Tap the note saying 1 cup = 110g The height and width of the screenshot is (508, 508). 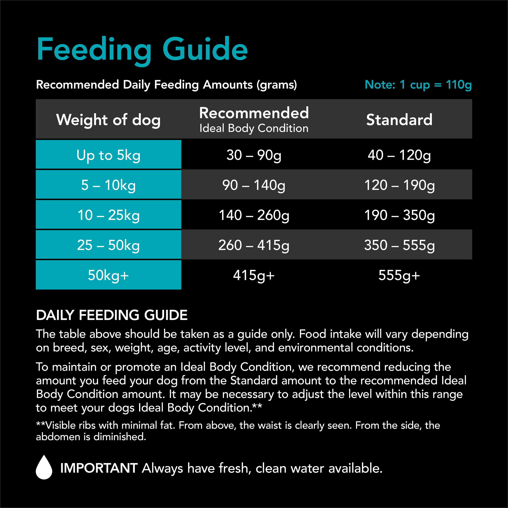click(x=418, y=85)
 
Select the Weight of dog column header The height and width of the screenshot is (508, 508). click(x=108, y=120)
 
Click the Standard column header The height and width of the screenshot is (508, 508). click(x=399, y=120)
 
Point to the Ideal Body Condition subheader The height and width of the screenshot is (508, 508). click(x=254, y=128)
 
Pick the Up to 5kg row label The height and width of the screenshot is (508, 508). click(x=108, y=155)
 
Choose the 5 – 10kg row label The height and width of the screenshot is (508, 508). click(x=108, y=185)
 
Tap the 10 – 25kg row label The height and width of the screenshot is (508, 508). click(x=108, y=215)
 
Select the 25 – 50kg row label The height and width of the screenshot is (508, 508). click(x=108, y=245)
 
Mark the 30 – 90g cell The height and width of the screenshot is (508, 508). click(x=254, y=155)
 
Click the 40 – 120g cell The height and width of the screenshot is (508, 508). click(x=399, y=155)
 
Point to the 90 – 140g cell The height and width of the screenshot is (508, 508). click(x=254, y=185)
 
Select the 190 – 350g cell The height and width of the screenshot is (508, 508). click(x=399, y=215)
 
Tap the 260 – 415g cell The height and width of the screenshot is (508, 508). click(x=254, y=245)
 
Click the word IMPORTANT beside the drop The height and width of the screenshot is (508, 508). click(x=99, y=468)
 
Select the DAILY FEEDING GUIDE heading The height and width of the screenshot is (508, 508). click(x=112, y=315)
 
